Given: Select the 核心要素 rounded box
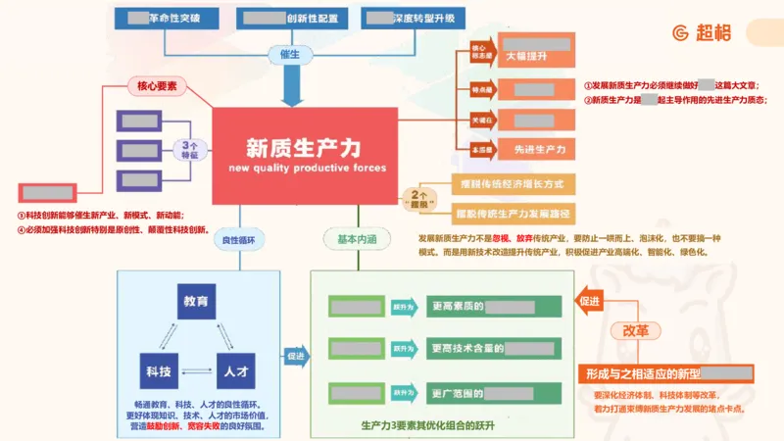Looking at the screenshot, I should click(156, 86).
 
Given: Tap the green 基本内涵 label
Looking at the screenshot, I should click(357, 239).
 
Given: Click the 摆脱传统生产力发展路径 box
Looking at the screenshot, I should click(512, 212).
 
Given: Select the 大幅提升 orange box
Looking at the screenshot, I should click(535, 56).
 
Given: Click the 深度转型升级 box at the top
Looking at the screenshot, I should click(411, 17).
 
